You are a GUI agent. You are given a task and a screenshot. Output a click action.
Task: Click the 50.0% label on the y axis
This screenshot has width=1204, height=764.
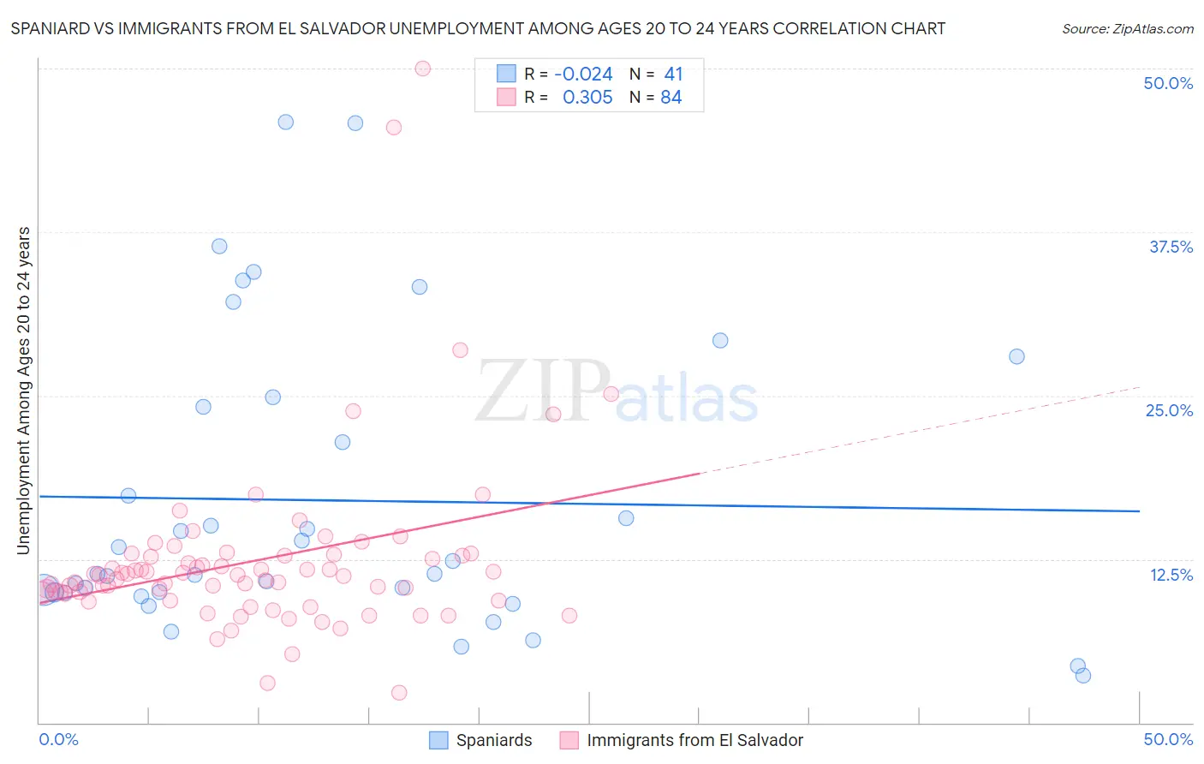pyautogui.click(x=1168, y=83)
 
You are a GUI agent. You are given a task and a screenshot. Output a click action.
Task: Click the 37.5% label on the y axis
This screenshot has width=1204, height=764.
pyautogui.click(x=1171, y=247)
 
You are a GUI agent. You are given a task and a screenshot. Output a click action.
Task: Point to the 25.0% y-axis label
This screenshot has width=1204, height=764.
pyautogui.click(x=1169, y=410)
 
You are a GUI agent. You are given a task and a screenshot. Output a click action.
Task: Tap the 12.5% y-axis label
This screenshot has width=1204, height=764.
pyautogui.click(x=1171, y=575)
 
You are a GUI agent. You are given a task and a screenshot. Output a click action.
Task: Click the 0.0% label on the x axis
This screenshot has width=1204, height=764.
pyautogui.click(x=58, y=739)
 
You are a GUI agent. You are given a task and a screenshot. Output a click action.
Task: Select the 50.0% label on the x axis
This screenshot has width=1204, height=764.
pyautogui.click(x=1168, y=739)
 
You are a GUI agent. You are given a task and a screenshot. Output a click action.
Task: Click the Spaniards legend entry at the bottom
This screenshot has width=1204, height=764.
pyautogui.click(x=493, y=740)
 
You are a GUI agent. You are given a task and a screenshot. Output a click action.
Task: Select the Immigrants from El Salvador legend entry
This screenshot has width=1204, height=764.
pyautogui.click(x=694, y=740)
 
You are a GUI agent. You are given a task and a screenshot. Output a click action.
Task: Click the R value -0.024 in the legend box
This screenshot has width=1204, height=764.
pyautogui.click(x=583, y=75)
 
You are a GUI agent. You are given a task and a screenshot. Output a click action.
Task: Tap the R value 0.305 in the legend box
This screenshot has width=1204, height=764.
pyautogui.click(x=587, y=98)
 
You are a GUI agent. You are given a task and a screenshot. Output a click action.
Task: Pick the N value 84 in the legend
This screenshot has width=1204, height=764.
pyautogui.click(x=671, y=98)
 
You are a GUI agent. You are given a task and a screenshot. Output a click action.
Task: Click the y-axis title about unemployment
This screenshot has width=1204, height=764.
pyautogui.click(x=23, y=391)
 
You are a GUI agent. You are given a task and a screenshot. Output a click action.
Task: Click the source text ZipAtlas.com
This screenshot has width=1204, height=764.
pyautogui.click(x=1127, y=28)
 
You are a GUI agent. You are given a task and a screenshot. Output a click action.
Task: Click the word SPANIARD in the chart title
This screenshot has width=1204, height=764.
pyautogui.click(x=51, y=28)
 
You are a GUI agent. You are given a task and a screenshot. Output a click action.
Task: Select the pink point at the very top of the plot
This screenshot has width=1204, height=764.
pyautogui.click(x=422, y=69)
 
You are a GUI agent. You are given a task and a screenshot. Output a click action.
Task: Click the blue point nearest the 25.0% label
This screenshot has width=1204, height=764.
pyautogui.click(x=1016, y=356)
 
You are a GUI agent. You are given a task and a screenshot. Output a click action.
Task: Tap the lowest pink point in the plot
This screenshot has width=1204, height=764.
pyautogui.click(x=398, y=693)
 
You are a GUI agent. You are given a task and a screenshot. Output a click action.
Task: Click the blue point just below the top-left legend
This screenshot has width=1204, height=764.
pyautogui.click(x=355, y=123)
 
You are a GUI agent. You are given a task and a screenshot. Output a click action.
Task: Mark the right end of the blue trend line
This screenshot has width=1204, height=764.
pyautogui.click(x=1139, y=511)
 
